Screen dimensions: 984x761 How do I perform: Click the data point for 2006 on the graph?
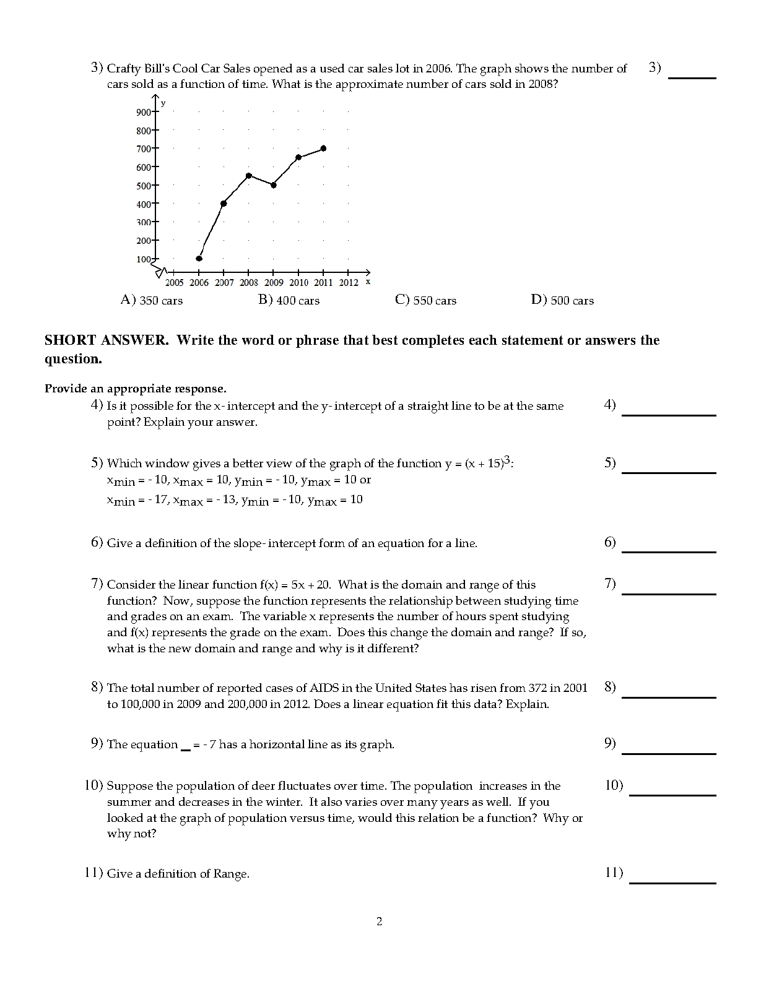(199, 259)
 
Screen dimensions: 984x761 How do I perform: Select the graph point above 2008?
(249, 176)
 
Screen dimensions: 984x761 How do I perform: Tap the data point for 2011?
(323, 149)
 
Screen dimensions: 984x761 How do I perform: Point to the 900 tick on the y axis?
(144, 112)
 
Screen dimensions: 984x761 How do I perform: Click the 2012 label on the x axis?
(349, 283)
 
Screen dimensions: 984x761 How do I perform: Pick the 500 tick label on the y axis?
(144, 186)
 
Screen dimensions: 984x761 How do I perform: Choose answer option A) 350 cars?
(152, 301)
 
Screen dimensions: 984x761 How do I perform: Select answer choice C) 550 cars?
(425, 301)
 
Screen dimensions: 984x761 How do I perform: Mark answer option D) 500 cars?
(562, 301)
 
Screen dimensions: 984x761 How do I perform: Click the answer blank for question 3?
(692, 77)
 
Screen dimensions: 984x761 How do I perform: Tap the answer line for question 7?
(669, 593)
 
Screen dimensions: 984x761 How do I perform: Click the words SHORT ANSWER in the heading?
(106, 340)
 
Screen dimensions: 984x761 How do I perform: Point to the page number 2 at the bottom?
(380, 921)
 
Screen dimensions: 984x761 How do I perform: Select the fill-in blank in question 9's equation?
(185, 748)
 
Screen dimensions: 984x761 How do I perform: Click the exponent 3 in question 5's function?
(507, 460)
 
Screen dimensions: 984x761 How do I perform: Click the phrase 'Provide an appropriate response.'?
(136, 389)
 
